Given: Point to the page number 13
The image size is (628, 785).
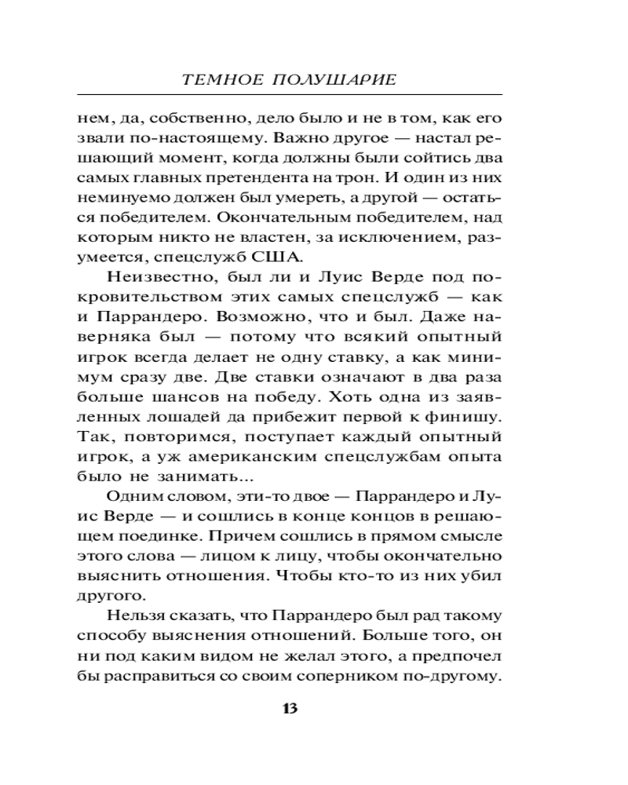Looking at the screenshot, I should pyautogui.click(x=288, y=709).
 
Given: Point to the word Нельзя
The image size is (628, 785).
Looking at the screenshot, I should pyautogui.click(x=127, y=615).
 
